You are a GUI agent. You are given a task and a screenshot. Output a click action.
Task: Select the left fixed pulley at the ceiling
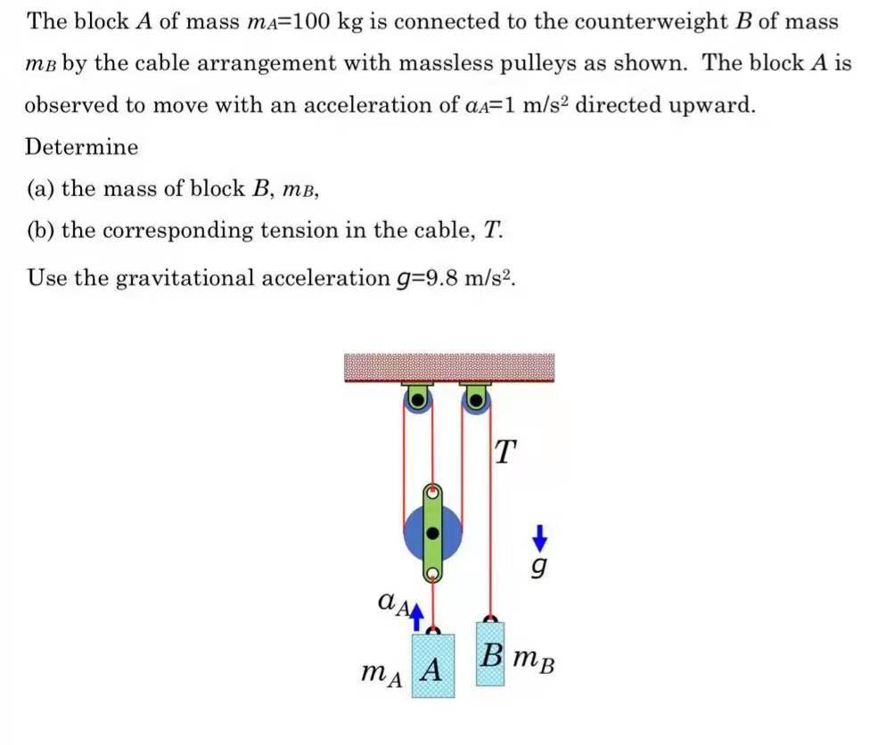point(416,400)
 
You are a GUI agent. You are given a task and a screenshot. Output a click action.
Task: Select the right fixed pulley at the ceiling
point(476,400)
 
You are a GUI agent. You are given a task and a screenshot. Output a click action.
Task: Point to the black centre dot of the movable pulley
point(433,534)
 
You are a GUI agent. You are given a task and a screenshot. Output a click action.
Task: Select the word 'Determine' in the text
point(82,147)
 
